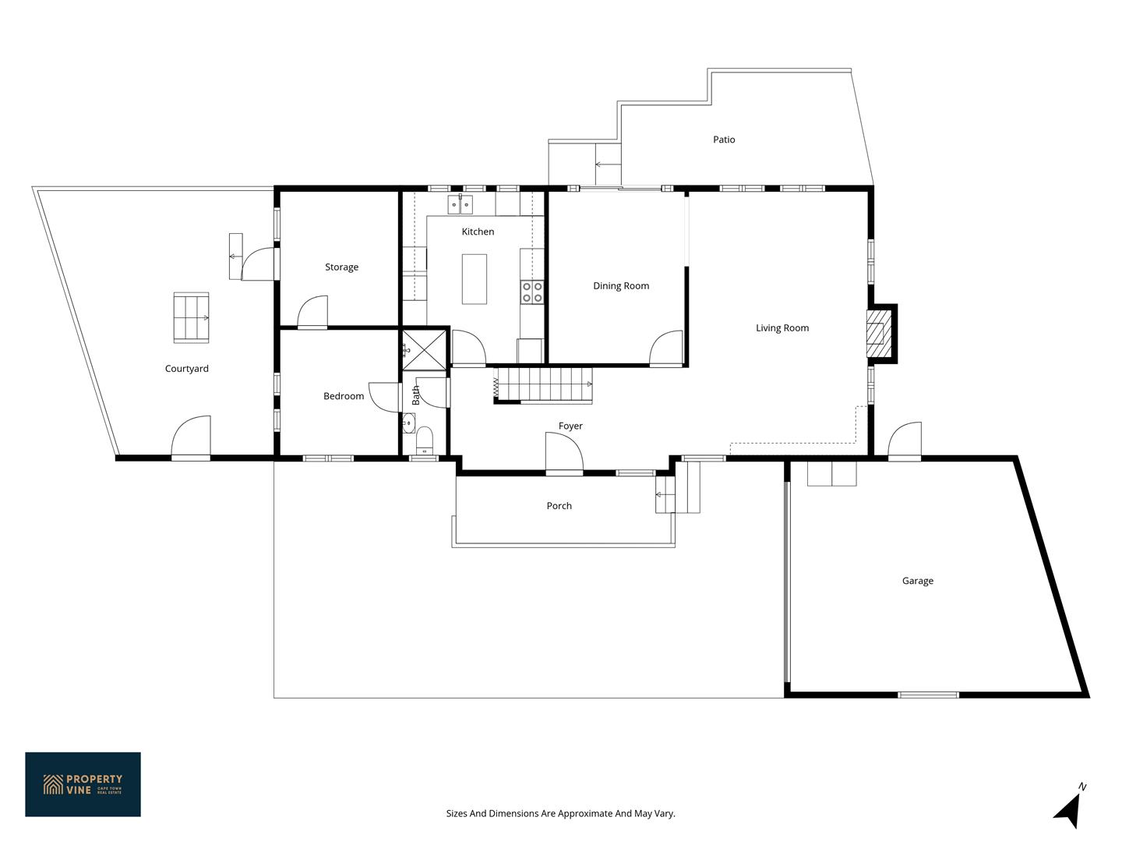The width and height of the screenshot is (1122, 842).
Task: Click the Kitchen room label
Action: point(478,232)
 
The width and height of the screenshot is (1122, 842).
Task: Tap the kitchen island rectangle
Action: point(474,279)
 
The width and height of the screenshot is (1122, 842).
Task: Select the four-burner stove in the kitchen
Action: point(531,292)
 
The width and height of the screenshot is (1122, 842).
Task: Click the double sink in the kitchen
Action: point(460,204)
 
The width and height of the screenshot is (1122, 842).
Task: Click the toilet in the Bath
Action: point(425,440)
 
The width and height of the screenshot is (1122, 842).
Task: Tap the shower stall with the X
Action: point(424,350)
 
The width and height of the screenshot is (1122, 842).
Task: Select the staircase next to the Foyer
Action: point(542,384)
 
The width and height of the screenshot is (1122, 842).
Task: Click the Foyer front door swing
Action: point(564,453)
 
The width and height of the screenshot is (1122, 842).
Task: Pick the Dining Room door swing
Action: point(665,348)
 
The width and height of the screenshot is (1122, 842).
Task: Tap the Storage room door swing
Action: point(312,312)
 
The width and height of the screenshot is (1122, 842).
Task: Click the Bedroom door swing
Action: point(383,398)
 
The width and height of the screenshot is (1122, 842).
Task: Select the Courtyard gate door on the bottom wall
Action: point(191,437)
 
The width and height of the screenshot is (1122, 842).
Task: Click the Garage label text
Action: point(918,581)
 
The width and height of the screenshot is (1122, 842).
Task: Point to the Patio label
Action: point(724,140)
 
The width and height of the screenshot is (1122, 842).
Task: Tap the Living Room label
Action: point(782,328)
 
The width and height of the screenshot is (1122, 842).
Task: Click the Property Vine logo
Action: point(83,784)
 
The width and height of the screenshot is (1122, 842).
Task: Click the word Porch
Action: point(559,506)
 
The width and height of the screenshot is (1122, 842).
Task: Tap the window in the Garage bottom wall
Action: point(928,695)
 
